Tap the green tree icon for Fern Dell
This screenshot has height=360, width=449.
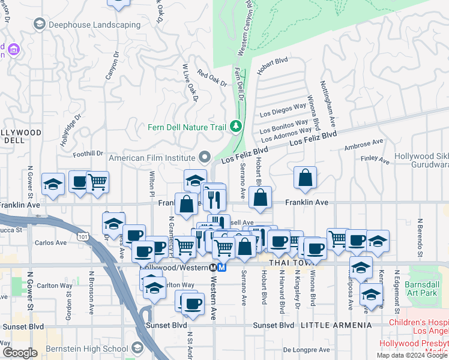(x=237, y=126)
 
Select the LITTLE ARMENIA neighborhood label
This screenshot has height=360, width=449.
(x=329, y=325)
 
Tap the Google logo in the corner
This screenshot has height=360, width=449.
(x=20, y=353)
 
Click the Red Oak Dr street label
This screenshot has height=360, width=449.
(x=211, y=79)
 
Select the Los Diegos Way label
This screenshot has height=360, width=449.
(x=283, y=109)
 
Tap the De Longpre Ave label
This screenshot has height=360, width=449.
(x=306, y=350)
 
